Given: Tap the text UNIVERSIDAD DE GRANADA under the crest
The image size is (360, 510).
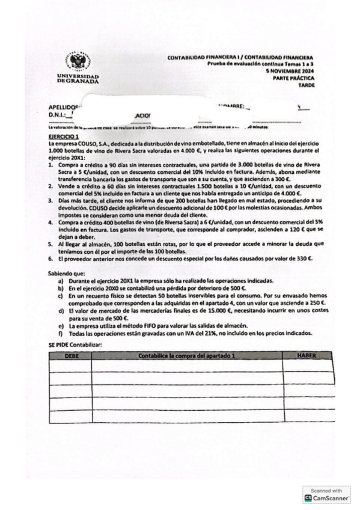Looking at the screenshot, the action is tap(78, 79).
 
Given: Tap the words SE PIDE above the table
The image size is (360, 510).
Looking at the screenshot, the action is tap(59, 345).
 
